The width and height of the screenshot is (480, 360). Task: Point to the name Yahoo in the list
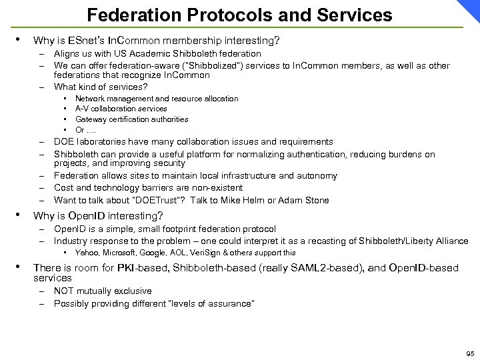pyautogui.click(x=87, y=253)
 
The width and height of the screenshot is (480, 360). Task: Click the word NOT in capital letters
pyautogui.click(x=65, y=291)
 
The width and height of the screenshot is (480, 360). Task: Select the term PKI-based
pyautogui.click(x=118, y=268)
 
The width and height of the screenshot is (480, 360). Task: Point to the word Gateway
pyautogui.click(x=89, y=119)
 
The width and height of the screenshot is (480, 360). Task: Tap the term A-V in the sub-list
pyautogui.click(x=81, y=109)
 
